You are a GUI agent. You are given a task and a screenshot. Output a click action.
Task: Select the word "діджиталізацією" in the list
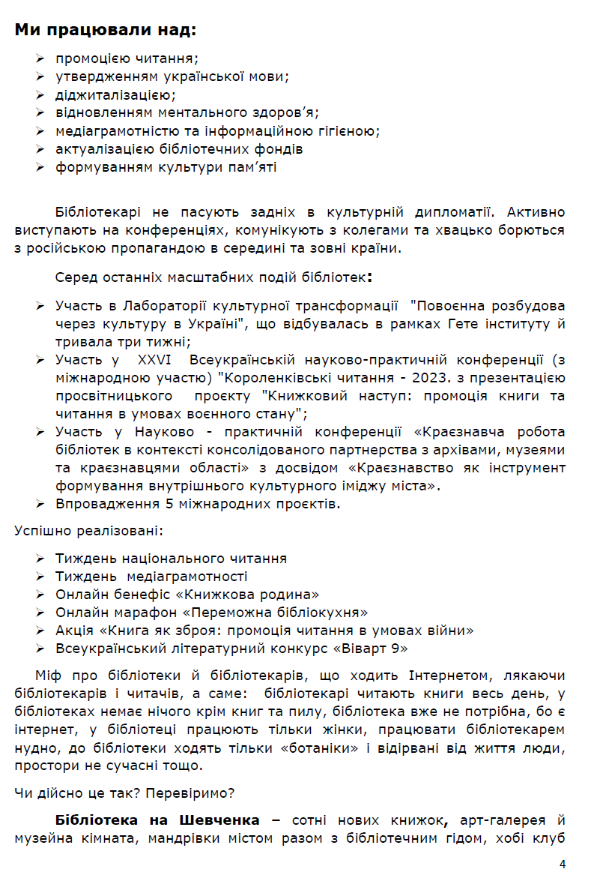tap(115, 94)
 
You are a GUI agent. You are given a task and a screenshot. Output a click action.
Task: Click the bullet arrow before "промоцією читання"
tap(40, 58)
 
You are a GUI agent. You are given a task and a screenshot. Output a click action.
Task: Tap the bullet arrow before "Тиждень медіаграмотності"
tap(40, 577)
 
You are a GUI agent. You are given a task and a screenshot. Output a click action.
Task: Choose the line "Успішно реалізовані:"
tap(88, 531)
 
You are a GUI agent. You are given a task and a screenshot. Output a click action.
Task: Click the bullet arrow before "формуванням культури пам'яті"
tap(40, 166)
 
